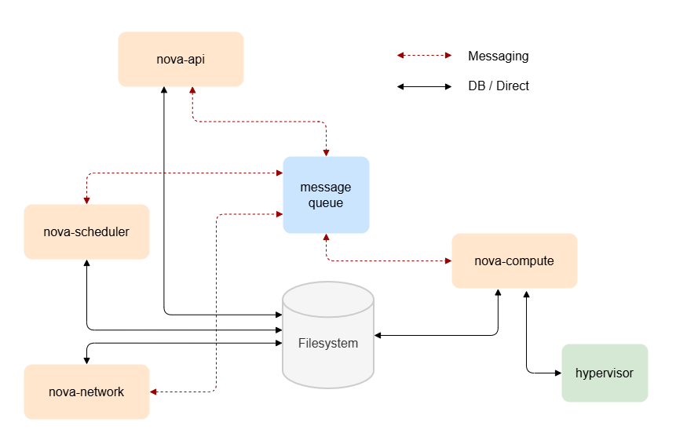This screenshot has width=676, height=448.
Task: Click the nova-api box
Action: (181, 59)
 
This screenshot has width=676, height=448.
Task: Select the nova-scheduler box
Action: (86, 231)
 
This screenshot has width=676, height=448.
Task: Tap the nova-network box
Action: (86, 392)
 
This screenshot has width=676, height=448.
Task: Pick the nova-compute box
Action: (514, 260)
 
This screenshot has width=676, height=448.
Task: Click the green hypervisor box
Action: (605, 373)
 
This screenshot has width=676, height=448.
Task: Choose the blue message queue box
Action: (326, 195)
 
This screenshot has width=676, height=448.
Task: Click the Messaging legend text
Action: (498, 56)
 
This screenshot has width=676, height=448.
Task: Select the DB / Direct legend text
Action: (499, 86)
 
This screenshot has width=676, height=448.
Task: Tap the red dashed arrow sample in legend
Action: (424, 56)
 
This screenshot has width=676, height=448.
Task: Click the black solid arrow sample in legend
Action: (424, 86)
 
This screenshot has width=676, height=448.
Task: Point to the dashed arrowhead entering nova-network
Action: (154, 392)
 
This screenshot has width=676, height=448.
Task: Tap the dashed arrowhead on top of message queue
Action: (326, 152)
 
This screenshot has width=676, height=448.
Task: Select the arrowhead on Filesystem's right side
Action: (378, 336)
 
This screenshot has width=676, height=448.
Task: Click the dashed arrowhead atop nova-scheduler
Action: (86, 200)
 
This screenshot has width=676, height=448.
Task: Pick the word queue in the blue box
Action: (326, 203)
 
